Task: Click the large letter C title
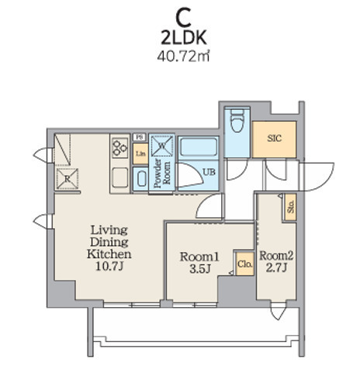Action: (x=183, y=17)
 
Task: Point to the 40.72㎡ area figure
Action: (x=183, y=56)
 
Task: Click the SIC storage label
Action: (x=274, y=139)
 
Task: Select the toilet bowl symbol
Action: (x=237, y=120)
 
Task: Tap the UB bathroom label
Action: (x=209, y=172)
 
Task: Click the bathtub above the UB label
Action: (x=199, y=147)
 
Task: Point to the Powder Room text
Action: (x=162, y=173)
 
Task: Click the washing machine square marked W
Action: (x=162, y=146)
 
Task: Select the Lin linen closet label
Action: (x=140, y=154)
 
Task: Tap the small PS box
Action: (x=140, y=137)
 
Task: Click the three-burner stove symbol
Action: (x=120, y=148)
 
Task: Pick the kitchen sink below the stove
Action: (x=120, y=178)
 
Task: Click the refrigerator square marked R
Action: (x=67, y=178)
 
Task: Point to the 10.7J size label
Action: (x=109, y=266)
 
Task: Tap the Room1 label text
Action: (x=199, y=257)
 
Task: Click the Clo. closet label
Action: (x=245, y=264)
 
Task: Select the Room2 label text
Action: (x=276, y=256)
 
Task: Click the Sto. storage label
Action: (x=291, y=207)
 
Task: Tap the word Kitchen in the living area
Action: (x=109, y=254)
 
